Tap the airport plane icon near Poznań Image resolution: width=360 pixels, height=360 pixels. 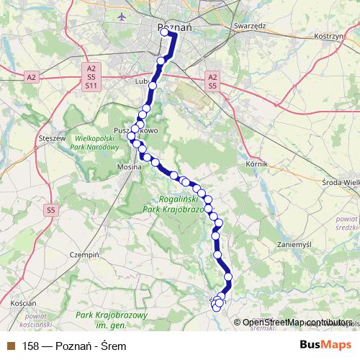[122, 15]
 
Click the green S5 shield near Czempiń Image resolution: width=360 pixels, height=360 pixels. [50, 210]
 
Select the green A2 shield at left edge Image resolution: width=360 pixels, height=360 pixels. [31, 76]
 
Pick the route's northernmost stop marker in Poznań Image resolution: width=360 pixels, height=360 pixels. [165, 32]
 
